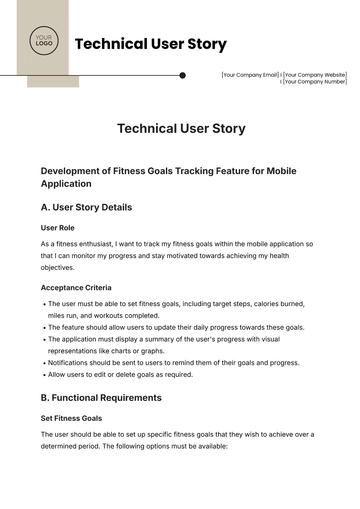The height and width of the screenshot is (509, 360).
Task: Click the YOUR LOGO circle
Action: [43, 43]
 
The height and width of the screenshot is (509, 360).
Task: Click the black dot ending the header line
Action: [182, 75]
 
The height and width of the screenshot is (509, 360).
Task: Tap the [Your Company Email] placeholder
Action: [250, 75]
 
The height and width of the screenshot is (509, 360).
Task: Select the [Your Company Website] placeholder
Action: [315, 75]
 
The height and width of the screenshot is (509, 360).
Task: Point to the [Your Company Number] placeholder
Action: [315, 83]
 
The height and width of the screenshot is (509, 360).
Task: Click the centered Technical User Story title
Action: [180, 128]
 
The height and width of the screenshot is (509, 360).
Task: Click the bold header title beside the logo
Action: [150, 44]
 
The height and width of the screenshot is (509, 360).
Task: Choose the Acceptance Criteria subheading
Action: [76, 287]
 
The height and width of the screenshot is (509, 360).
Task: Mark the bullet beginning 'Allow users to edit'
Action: [120, 374]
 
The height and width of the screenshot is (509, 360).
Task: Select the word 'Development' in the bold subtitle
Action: [73, 171]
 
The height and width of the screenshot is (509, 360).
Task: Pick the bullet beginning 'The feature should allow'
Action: [175, 327]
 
